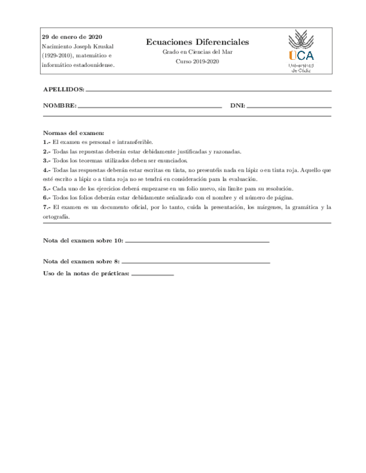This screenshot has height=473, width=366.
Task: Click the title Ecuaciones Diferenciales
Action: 197,42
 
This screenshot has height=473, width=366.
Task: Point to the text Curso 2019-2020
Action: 197,61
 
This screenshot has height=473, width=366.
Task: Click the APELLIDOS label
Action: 64,89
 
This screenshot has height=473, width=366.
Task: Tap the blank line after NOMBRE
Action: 150,105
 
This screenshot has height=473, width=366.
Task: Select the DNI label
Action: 237,105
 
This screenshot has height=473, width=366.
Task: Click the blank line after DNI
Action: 289,106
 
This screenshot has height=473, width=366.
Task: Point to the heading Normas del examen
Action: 74,133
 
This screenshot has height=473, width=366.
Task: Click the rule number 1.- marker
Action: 47,142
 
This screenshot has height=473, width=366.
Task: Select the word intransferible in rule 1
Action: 134,142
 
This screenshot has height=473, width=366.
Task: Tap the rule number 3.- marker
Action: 47,161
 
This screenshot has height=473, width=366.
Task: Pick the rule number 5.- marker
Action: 47,189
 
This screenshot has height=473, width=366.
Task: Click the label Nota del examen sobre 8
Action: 81,261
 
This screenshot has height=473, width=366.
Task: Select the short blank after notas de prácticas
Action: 153,275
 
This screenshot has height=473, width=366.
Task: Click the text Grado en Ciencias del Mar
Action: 197,52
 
